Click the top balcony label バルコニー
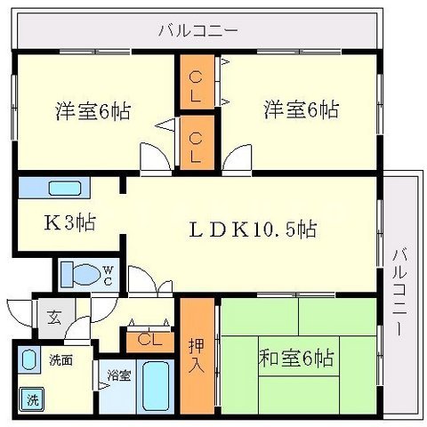(x=198, y=29)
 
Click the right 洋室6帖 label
(x=299, y=110)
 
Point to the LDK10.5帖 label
(x=253, y=230)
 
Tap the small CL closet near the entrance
(x=149, y=339)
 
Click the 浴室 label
(x=118, y=375)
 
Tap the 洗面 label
(x=60, y=360)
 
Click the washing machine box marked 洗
(x=31, y=399)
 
